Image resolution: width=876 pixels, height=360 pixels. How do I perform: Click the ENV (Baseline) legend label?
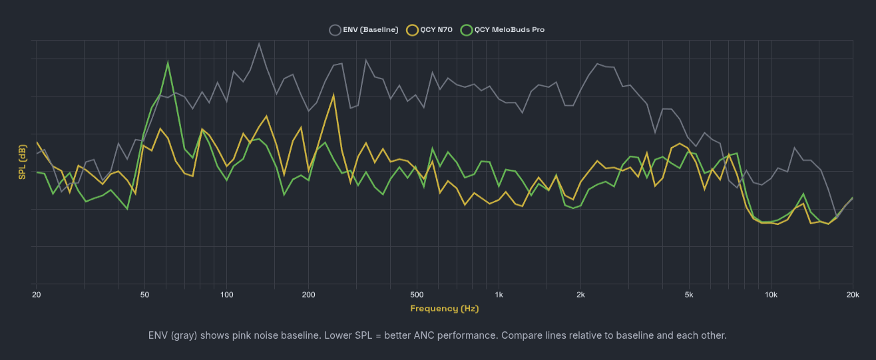coord(371,30)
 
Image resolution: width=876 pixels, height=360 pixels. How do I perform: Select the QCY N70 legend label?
coord(436,30)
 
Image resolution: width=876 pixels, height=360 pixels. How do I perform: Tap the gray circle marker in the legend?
coord(335,30)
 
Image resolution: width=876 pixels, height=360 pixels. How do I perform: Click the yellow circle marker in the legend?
coord(412,30)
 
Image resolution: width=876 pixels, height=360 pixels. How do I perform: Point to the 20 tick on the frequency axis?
coord(36,295)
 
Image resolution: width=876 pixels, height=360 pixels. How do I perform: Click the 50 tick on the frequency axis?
coord(144,295)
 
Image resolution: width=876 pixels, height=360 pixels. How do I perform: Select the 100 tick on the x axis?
coord(226,295)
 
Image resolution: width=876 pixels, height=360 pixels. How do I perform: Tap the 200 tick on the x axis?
coord(308,295)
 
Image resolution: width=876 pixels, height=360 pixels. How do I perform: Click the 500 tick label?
coord(417,295)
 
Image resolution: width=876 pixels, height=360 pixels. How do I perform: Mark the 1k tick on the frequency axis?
coord(499,295)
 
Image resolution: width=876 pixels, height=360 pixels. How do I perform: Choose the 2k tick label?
coord(580,295)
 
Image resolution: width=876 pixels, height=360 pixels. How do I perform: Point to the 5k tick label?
coord(689,295)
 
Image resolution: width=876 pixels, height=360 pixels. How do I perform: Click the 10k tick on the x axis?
coord(771,295)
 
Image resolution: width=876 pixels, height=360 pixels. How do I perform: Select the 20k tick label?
coord(853,295)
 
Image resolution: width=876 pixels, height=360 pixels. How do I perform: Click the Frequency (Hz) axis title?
coord(444,309)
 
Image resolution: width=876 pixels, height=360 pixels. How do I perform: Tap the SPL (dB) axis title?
coord(22,162)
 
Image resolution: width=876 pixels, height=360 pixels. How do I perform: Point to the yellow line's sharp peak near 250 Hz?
coord(333,94)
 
